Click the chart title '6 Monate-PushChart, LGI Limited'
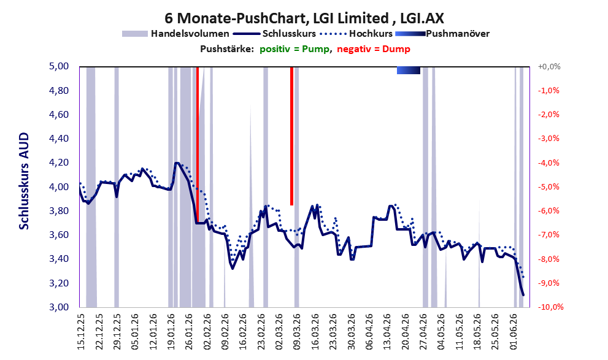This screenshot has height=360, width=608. (277, 18)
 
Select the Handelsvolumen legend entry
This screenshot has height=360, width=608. (175, 34)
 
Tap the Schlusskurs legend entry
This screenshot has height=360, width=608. (274, 34)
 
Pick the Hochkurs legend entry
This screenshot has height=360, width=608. (356, 34)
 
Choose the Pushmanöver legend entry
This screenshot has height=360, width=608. (442, 34)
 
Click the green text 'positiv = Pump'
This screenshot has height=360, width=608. (294, 49)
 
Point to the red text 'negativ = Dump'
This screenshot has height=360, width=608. (374, 49)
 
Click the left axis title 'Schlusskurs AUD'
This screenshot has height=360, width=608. (24, 181)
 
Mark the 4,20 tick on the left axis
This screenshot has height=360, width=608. (59, 163)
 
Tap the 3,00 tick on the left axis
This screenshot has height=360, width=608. (59, 307)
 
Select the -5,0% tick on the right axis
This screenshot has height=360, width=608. (548, 187)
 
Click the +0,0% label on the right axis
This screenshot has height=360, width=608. (549, 67)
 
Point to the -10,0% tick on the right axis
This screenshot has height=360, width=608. (550, 307)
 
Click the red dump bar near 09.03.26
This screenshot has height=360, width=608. (291, 136)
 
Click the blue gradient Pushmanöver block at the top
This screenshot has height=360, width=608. (409, 70)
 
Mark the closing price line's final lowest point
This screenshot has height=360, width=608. (523, 295)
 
